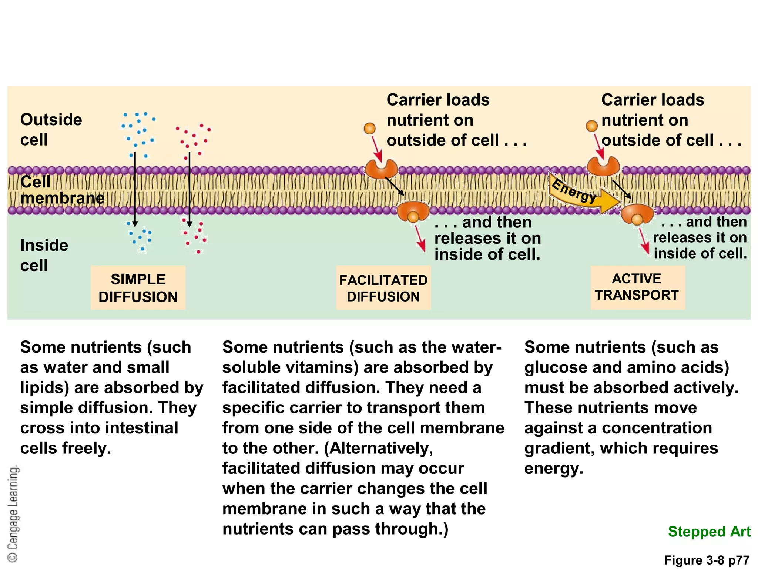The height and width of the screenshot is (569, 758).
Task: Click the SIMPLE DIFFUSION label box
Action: (138, 288)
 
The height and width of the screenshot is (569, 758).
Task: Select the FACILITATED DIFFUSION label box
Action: (383, 288)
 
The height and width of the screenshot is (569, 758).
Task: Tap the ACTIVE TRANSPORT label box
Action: (637, 287)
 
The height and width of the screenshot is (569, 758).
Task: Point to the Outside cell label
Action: (51, 130)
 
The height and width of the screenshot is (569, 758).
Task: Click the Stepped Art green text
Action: (709, 531)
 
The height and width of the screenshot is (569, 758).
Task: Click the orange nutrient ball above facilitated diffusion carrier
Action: (369, 129)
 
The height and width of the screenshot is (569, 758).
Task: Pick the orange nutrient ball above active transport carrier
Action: (591, 126)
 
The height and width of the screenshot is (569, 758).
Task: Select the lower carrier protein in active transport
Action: (637, 214)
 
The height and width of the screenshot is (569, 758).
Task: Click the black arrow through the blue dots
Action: (135, 189)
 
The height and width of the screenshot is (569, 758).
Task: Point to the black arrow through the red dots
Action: (189, 189)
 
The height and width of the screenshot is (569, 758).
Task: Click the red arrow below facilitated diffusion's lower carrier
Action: (420, 239)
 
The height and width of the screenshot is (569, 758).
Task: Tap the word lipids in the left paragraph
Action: (44, 388)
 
